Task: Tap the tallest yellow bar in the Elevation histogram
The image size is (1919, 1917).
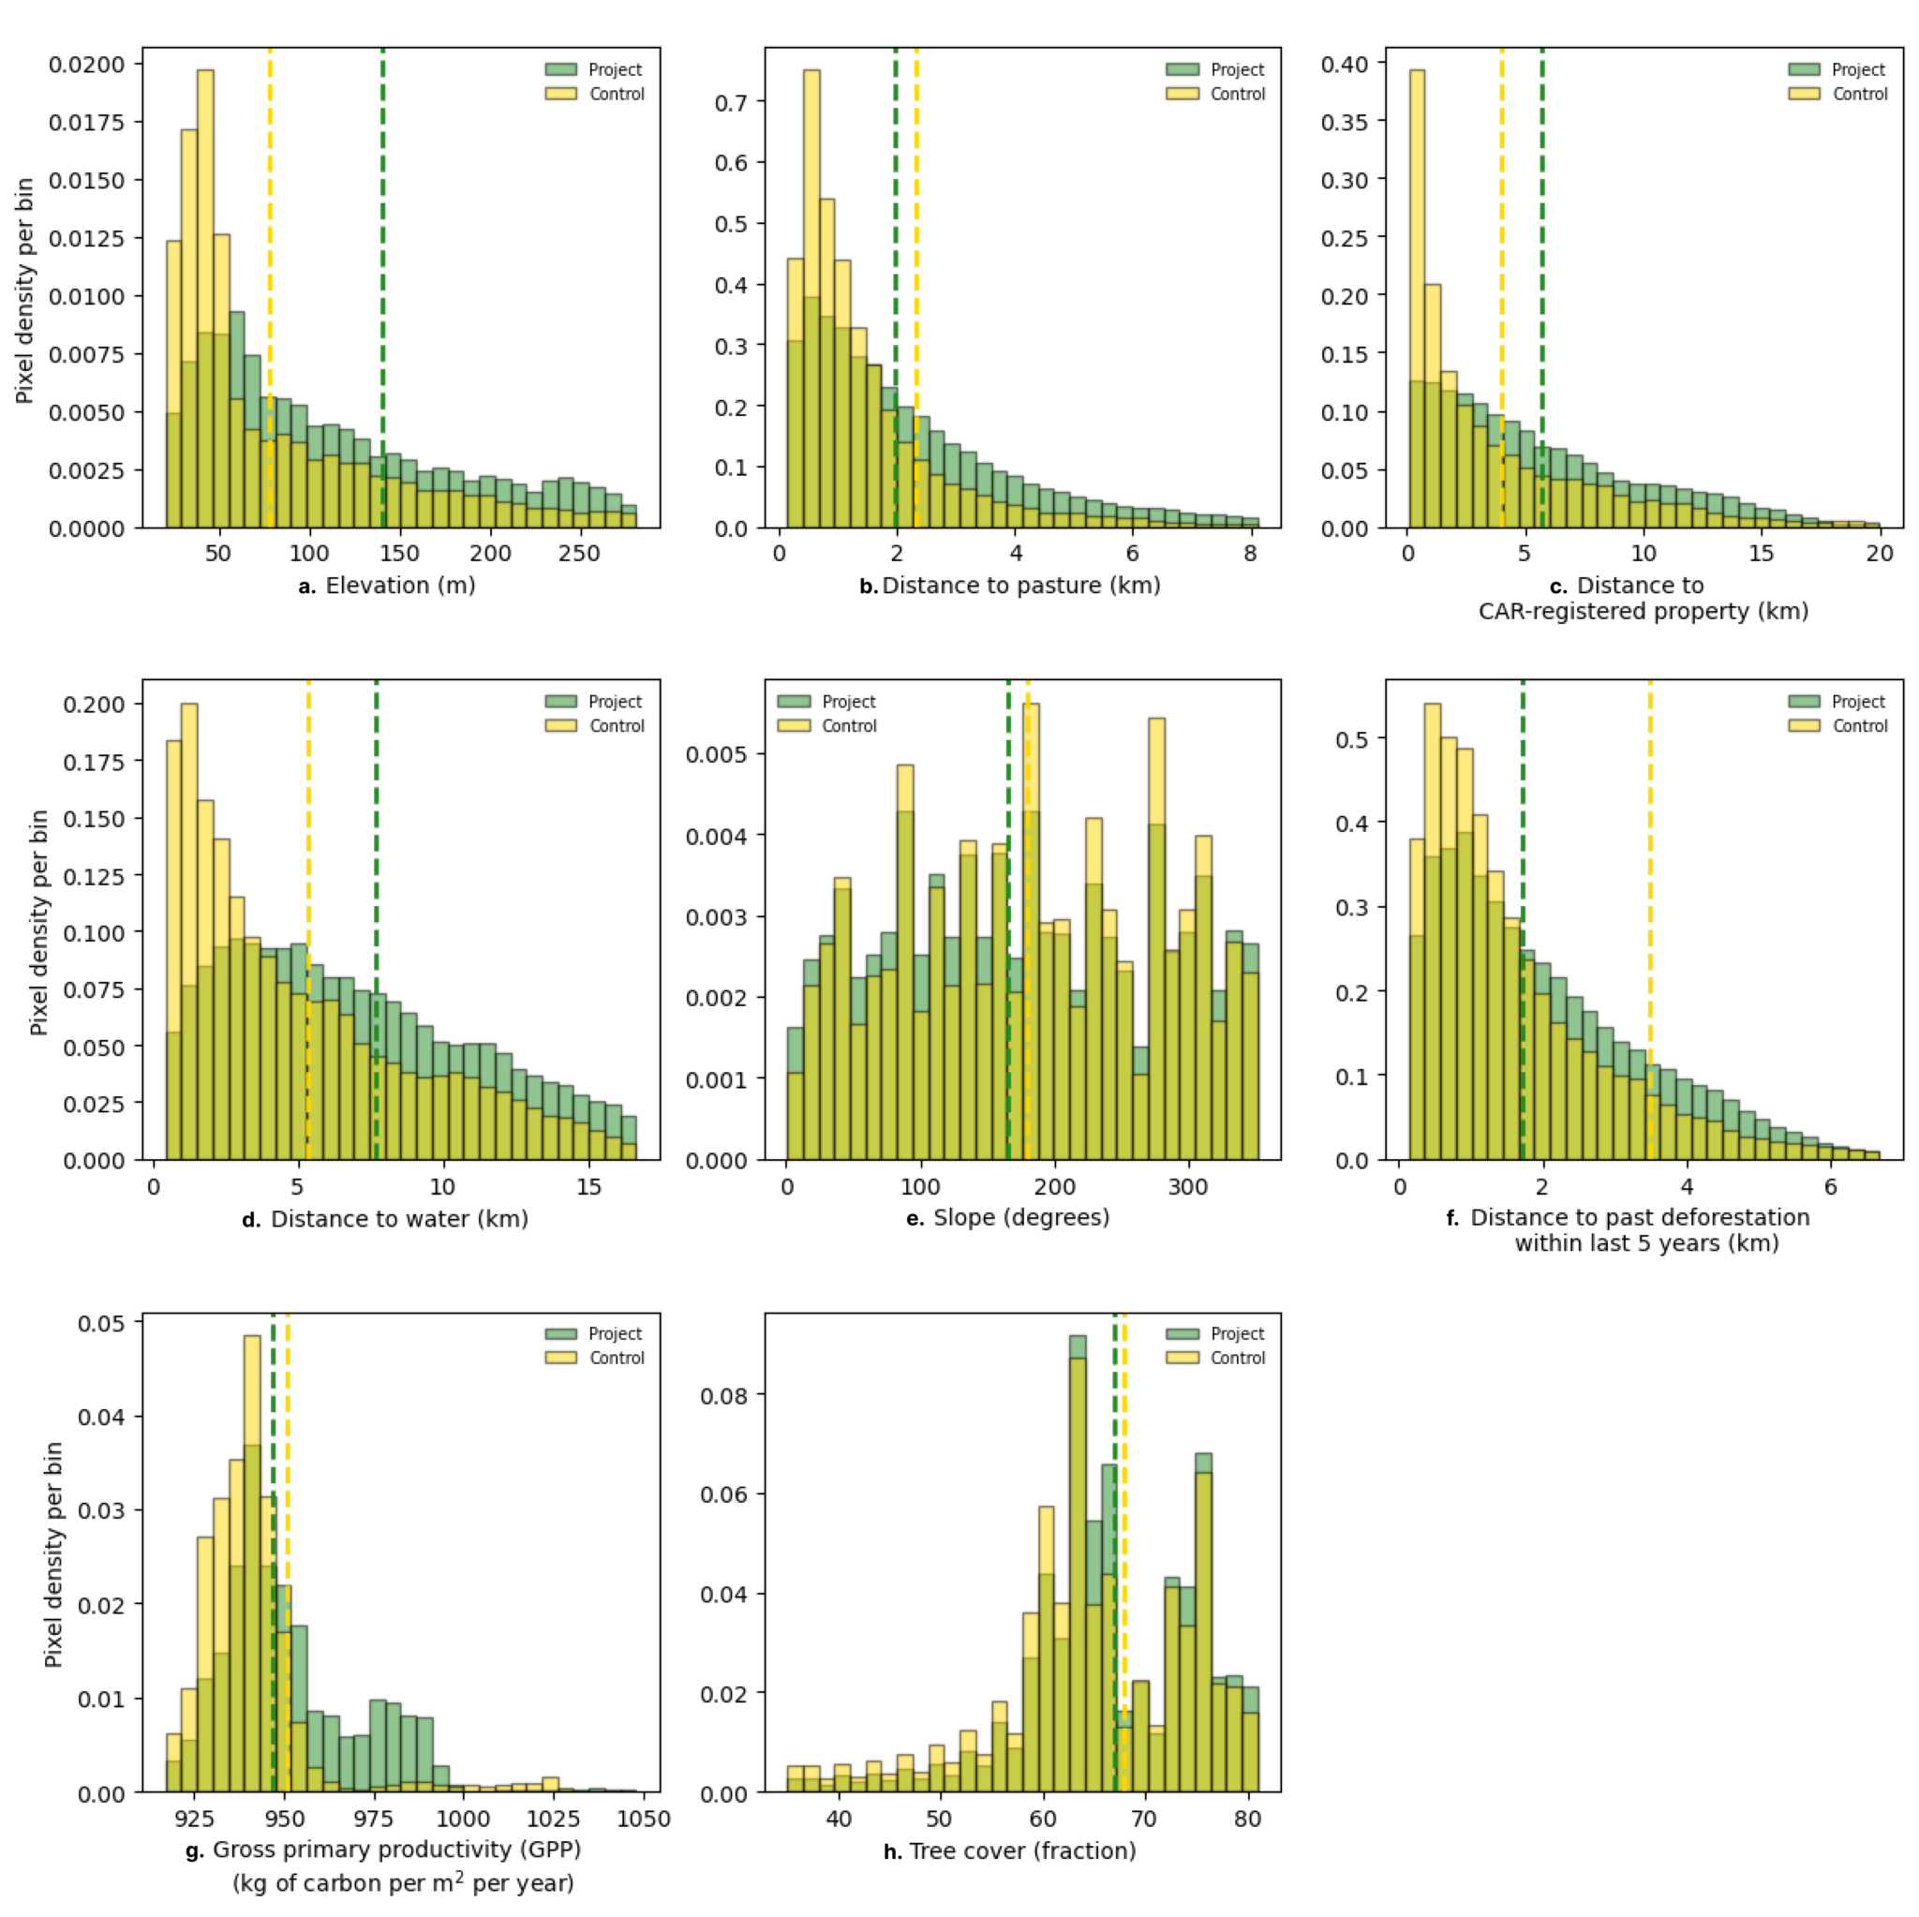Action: [x=204, y=298]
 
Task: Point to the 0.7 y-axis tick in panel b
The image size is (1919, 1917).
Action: [x=733, y=102]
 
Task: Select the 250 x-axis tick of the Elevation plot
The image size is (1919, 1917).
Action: [x=579, y=553]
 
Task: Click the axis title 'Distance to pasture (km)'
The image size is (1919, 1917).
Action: [x=1021, y=586]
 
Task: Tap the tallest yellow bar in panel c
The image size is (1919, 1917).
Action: [x=1418, y=298]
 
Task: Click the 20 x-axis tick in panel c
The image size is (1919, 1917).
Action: [x=1880, y=553]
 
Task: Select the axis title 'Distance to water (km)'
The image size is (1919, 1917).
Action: [x=398, y=1219]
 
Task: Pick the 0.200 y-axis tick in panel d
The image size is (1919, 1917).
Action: [x=96, y=705]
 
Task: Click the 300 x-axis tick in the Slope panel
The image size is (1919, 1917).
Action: [x=1188, y=1187]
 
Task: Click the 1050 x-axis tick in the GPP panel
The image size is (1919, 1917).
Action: [x=644, y=1819]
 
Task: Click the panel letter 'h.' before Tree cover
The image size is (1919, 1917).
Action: [x=893, y=1851]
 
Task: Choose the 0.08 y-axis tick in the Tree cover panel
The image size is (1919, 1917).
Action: [x=724, y=1395]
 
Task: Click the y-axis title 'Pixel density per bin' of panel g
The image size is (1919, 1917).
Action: [x=53, y=1554]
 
